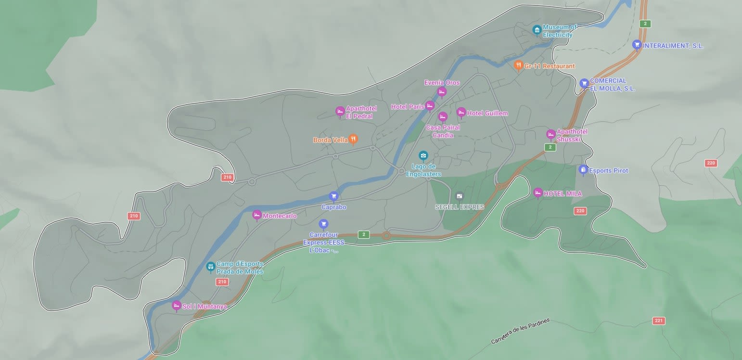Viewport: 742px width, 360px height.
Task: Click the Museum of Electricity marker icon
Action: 537,30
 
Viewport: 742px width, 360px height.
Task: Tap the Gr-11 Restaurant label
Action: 549,66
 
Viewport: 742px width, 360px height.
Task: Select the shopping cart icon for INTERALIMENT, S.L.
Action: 637,45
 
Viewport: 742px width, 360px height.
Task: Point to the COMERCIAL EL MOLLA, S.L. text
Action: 612,85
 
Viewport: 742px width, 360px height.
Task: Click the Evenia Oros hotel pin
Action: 442,91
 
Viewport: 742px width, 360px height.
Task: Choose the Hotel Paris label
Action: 407,106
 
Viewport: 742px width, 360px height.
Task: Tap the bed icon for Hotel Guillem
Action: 461,113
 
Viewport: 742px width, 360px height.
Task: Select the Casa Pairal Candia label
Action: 443,131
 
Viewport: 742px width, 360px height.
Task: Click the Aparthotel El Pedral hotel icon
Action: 340,112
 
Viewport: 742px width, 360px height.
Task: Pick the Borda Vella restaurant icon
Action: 353,139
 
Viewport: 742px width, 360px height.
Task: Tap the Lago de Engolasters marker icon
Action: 423,155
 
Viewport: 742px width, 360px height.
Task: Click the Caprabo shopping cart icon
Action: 333,196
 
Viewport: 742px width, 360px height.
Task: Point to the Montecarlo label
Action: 280,216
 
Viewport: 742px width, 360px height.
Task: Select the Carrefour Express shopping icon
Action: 323,224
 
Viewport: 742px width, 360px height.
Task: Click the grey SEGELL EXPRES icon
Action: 459,196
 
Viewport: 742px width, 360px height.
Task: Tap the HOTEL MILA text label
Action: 563,194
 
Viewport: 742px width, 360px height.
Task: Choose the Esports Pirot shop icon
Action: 583,170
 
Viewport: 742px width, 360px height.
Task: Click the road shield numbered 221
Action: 659,321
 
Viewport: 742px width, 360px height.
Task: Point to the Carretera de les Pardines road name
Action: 520,331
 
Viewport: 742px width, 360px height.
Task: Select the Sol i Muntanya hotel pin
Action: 177,306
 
